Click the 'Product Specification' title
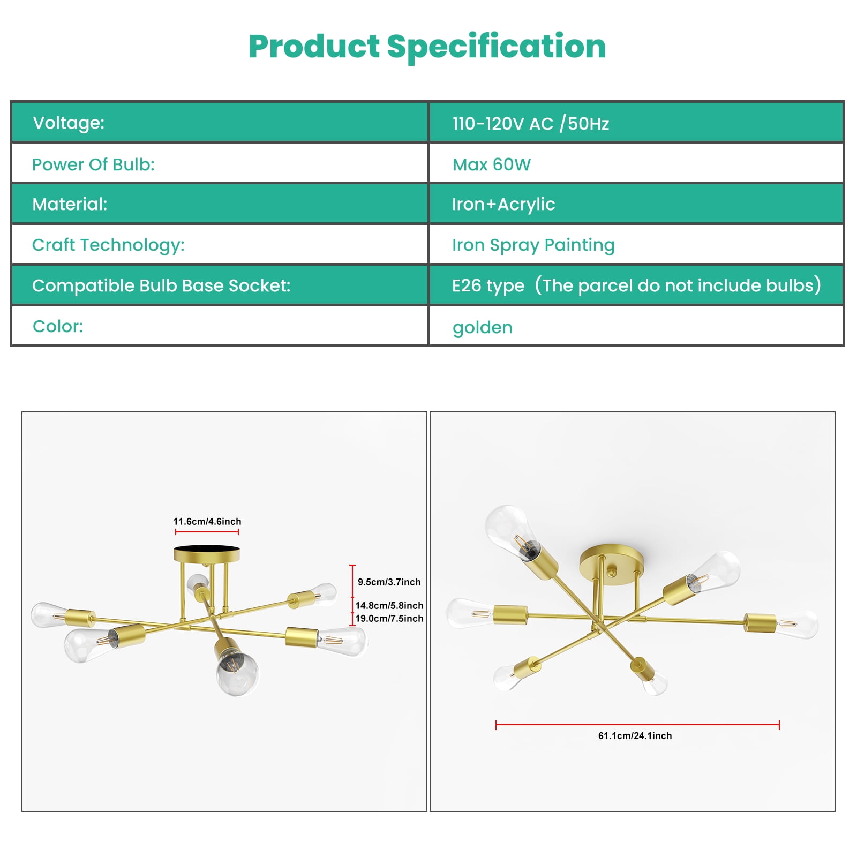[427, 47]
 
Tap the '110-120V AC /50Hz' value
[531, 123]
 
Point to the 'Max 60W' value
[492, 164]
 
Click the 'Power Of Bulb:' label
[93, 164]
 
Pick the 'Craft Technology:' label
[108, 245]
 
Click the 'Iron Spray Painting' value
[533, 245]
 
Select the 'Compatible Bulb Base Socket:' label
[161, 285]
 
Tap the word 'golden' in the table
[483, 327]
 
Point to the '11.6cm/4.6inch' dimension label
[207, 521]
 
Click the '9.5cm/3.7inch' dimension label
[389, 582]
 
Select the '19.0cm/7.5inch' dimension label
[389, 618]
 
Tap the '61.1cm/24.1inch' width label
[635, 735]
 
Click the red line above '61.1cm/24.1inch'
[637, 725]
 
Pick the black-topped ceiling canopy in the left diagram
[207, 553]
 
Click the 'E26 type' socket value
[488, 285]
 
